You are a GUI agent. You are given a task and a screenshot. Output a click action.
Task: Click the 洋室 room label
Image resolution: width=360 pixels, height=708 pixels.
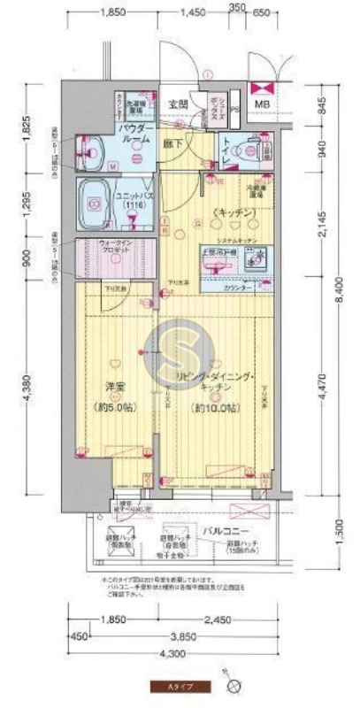click(111, 386)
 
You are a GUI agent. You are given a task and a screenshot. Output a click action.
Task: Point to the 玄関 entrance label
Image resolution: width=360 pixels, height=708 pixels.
click(178, 104)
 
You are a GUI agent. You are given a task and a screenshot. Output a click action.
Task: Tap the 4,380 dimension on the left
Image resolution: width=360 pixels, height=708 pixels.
click(27, 389)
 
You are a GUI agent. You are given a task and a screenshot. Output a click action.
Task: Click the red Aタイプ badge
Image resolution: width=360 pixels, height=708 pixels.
click(178, 686)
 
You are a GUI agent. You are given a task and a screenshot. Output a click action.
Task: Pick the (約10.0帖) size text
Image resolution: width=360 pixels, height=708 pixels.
click(216, 409)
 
